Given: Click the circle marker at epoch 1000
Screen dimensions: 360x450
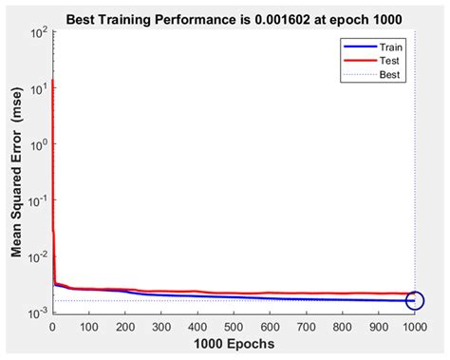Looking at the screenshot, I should click(415, 301).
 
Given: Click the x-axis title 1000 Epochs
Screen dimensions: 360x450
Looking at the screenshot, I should click(234, 345).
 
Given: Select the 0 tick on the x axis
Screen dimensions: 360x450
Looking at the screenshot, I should click(52, 326).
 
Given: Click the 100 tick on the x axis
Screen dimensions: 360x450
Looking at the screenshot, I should click(88, 326).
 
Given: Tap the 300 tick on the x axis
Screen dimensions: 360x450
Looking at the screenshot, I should click(161, 326).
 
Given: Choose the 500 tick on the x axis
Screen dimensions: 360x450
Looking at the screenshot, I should click(234, 326).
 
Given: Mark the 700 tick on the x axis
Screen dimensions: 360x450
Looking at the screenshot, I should click(307, 326).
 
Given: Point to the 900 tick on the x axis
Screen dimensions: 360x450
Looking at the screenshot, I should click(379, 326).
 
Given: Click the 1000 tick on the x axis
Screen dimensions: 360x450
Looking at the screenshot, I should click(414, 326).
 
